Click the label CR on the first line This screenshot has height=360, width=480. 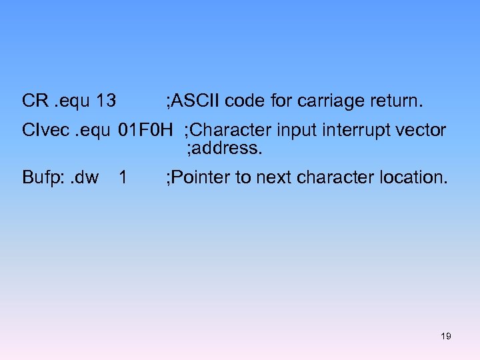point(34,101)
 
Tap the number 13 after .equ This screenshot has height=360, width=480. point(106,101)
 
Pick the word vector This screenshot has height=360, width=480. point(420,129)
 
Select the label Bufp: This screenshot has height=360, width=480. point(41,177)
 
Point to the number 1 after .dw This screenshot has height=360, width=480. point(122,177)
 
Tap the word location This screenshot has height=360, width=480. point(414,177)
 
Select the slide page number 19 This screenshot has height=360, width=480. point(446,336)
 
